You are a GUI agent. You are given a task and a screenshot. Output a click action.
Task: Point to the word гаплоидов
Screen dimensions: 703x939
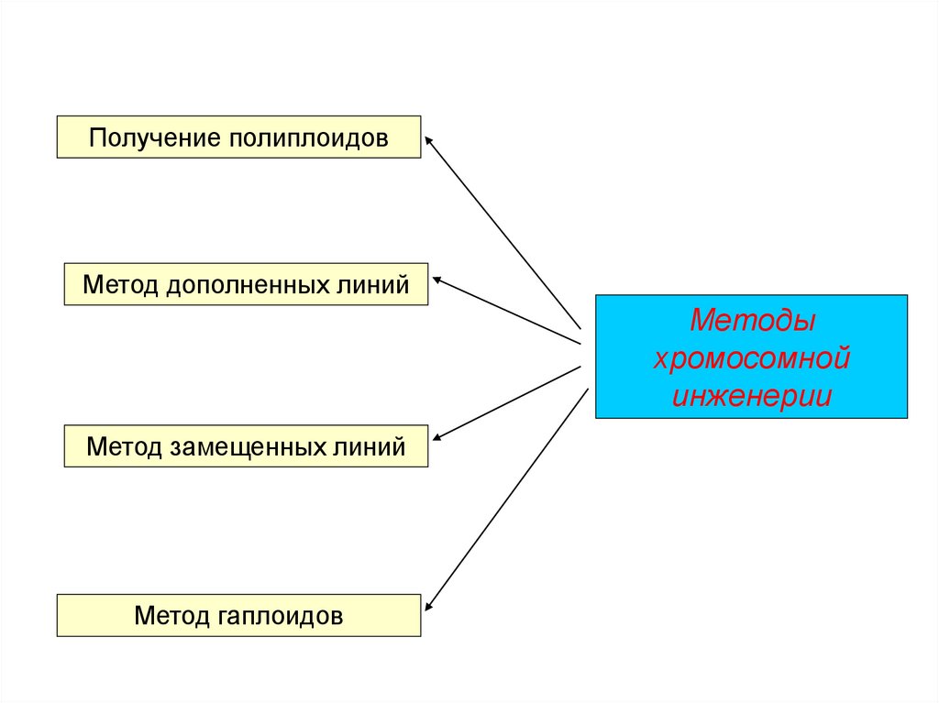(281, 615)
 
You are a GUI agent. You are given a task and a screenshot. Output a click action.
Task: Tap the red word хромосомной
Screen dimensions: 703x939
(752, 358)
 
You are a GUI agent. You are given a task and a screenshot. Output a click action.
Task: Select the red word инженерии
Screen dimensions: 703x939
(752, 396)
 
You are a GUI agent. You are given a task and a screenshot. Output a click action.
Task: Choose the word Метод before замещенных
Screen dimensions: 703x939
(125, 446)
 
